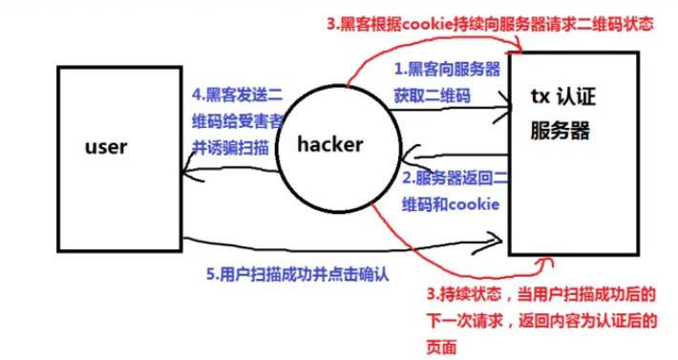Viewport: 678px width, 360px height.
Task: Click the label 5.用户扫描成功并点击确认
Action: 298,271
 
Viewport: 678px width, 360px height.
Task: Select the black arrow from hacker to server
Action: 449,113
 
